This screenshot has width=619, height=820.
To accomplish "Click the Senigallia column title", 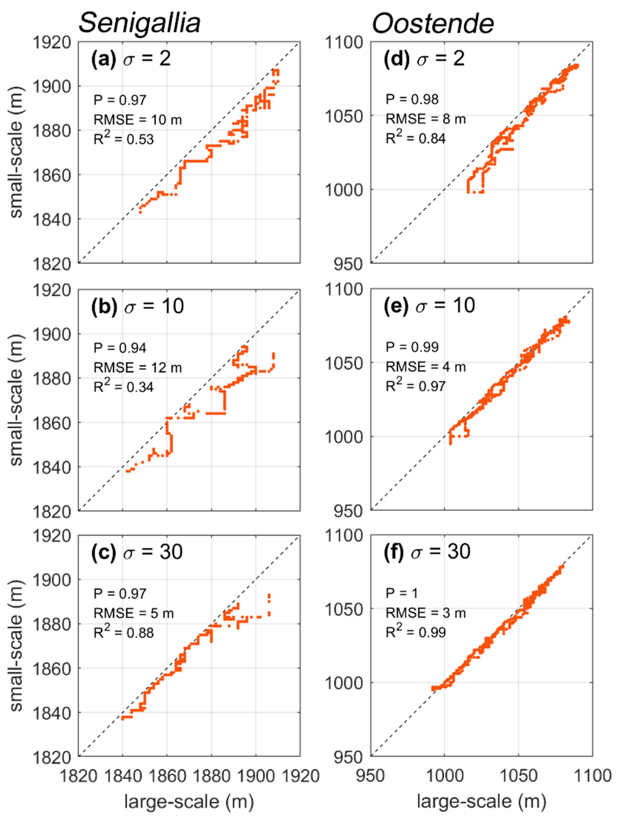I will pyautogui.click(x=139, y=23).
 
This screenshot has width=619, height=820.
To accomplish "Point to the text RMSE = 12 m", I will pyautogui.click(x=138, y=368).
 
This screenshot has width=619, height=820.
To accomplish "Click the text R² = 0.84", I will pyautogui.click(x=416, y=138).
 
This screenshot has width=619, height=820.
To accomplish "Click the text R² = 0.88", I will pyautogui.click(x=123, y=632).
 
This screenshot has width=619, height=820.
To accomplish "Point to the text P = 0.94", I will pyautogui.click(x=120, y=348).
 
